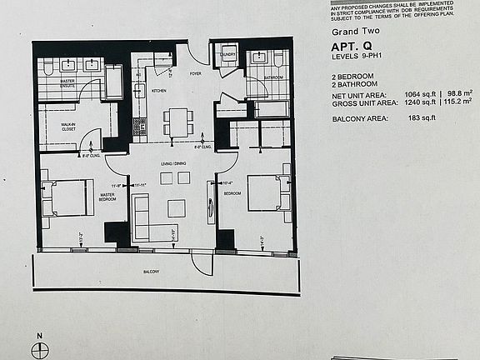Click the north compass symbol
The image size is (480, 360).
pos(37,350)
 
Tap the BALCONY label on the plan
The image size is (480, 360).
pos(151,272)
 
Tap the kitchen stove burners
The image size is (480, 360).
pos(139,126)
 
